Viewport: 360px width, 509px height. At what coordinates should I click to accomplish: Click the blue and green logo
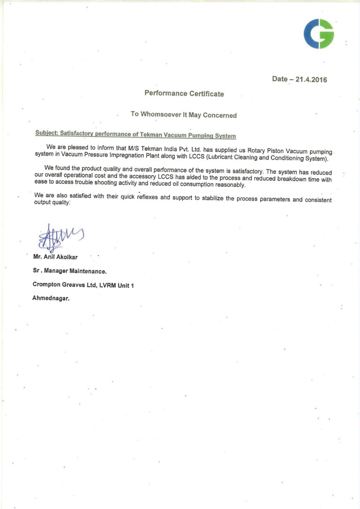(319, 34)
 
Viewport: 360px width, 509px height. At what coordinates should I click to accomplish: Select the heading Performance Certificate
(184, 94)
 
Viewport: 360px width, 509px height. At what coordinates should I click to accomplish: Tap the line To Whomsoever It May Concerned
(184, 115)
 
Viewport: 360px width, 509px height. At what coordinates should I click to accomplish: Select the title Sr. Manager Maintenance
(69, 271)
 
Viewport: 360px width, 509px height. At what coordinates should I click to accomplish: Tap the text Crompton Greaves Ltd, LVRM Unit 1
(83, 285)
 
